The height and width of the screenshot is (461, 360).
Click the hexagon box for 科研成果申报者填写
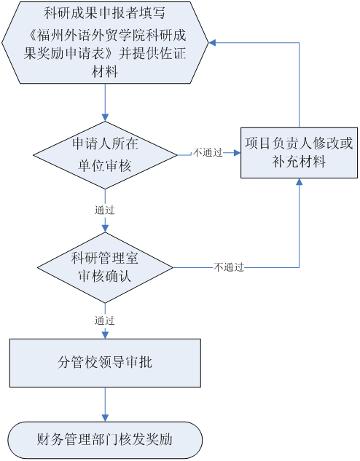[x=105, y=43]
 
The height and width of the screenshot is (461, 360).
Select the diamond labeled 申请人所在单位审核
[x=105, y=155]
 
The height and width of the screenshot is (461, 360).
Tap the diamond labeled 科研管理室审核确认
[x=105, y=267]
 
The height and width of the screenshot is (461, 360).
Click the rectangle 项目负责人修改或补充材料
[x=299, y=153]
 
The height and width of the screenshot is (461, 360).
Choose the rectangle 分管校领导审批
[x=105, y=363]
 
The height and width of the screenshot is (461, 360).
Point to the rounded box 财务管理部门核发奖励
[x=105, y=440]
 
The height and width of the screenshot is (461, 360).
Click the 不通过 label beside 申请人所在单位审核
[x=208, y=153]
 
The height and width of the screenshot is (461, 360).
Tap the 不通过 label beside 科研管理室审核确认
[x=229, y=267]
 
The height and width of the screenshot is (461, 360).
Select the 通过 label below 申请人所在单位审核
[x=105, y=210]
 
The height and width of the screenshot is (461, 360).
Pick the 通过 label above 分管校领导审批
[x=105, y=320]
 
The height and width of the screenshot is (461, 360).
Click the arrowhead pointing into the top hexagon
[x=212, y=43]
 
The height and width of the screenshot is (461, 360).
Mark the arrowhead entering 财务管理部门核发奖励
[x=105, y=418]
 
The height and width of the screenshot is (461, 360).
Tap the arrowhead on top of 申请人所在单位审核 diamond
[x=105, y=117]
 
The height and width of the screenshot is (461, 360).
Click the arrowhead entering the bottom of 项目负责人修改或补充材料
[x=299, y=181]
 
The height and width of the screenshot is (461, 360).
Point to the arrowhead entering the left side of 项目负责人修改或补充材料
[x=237, y=153]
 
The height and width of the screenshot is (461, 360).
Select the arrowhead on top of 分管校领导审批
[x=105, y=335]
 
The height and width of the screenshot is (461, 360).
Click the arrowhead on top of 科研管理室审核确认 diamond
[x=105, y=229]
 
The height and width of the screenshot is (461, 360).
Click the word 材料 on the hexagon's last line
[x=105, y=71]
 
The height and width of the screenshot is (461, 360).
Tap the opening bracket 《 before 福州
[x=32, y=36]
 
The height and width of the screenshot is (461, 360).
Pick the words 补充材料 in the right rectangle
[x=299, y=162]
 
